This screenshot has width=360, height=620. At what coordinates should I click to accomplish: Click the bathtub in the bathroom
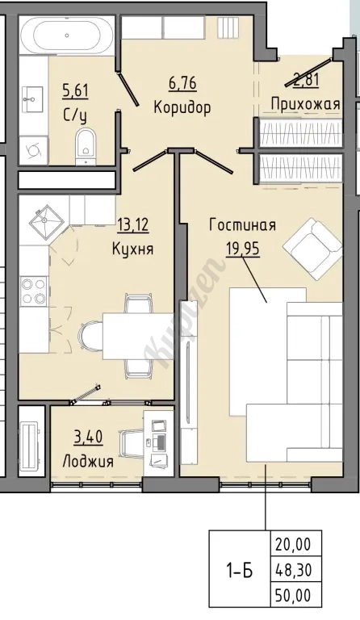[x=67, y=36]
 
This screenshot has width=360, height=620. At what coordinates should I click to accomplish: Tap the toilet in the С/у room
[x=86, y=145]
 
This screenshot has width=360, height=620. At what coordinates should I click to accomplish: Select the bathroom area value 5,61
[x=75, y=91]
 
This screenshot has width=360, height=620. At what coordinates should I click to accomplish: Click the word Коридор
[x=182, y=107]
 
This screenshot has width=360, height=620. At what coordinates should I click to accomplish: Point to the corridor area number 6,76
[x=182, y=83]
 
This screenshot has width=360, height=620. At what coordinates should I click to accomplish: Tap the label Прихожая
[x=305, y=104]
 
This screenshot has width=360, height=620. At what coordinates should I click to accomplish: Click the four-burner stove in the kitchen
[x=33, y=291]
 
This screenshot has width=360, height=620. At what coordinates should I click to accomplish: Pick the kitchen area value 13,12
[x=132, y=225]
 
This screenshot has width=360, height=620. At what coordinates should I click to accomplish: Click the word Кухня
[x=132, y=249]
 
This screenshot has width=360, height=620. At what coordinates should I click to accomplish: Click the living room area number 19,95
[x=243, y=249]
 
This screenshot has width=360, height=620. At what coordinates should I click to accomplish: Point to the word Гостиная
[x=243, y=225]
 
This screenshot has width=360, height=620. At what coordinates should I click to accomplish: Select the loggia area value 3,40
[x=88, y=438]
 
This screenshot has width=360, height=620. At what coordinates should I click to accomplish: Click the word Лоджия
[x=88, y=461]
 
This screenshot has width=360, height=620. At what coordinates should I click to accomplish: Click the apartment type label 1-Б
[x=239, y=571]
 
